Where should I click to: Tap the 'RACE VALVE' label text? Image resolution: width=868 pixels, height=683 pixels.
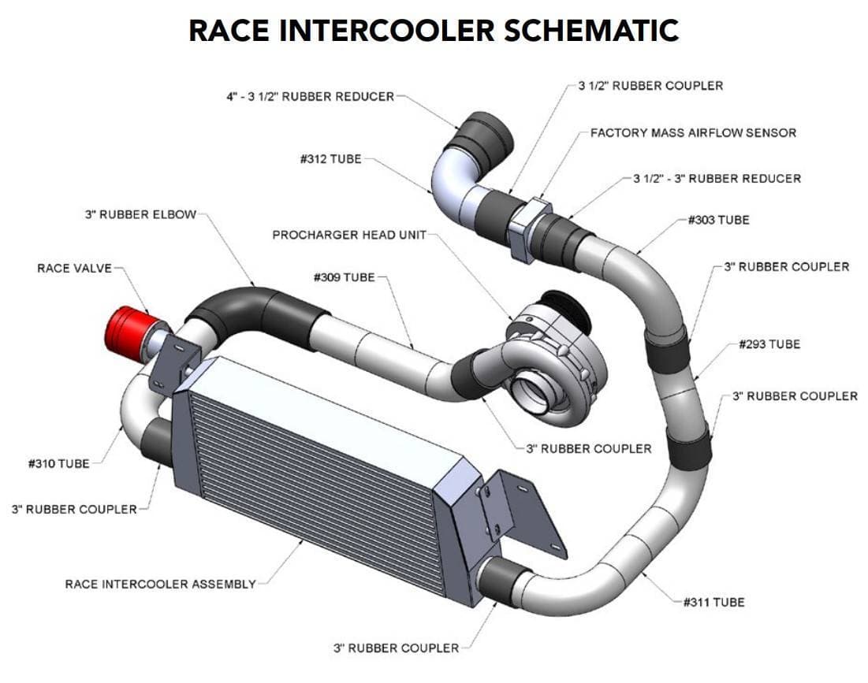(x=75, y=269)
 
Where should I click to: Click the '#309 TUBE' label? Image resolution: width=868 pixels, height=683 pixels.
(x=344, y=277)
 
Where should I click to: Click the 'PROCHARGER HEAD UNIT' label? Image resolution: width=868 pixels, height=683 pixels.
(x=348, y=236)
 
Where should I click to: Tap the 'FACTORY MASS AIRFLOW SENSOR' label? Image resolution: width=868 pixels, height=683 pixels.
(x=693, y=132)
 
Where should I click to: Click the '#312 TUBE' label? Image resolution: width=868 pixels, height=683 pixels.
(x=330, y=159)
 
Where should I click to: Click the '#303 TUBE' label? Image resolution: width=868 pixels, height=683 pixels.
(x=717, y=220)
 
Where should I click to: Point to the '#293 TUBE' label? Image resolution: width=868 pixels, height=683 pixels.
(x=769, y=344)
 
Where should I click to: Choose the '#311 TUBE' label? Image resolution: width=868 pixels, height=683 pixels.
(x=713, y=603)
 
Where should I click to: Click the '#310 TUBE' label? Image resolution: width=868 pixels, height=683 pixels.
(x=58, y=464)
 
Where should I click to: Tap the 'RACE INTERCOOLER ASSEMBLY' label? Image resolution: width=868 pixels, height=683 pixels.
(x=160, y=585)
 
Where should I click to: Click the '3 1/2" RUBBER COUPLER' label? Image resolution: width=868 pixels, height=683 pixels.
(x=650, y=85)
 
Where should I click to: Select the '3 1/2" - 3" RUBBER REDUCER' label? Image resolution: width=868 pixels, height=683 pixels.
(x=717, y=179)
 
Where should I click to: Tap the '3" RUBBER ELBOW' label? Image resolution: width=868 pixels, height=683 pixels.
(x=140, y=214)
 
